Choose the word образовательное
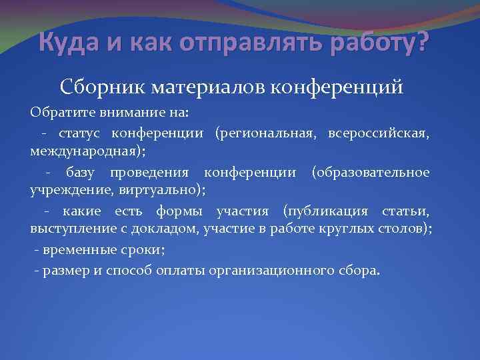[371, 173]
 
